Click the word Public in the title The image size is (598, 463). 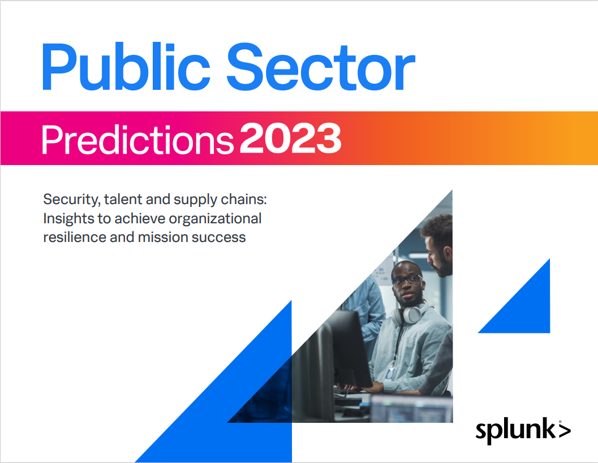coord(126,67)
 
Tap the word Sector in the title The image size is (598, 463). coord(321,67)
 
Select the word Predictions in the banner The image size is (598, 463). coord(137,140)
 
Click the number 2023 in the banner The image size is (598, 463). coord(291,139)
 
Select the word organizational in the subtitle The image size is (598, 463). coord(215,219)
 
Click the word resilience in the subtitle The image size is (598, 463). coord(74,237)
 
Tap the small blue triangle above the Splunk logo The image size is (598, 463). coord(526,309)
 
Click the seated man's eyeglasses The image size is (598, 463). coord(407,280)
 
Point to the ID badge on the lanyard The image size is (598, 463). coord(390,374)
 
